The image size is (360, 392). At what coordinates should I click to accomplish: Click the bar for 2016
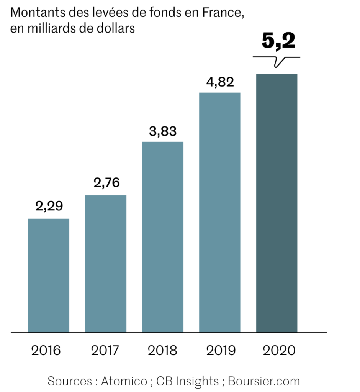click(x=49, y=275)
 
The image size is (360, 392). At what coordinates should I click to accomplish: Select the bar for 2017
click(x=106, y=263)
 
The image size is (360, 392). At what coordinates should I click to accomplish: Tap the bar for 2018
click(x=163, y=236)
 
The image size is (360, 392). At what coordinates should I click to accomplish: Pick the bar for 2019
click(x=219, y=212)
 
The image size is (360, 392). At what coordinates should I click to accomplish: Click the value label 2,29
click(x=49, y=206)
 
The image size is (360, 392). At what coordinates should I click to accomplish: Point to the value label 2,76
click(x=106, y=182)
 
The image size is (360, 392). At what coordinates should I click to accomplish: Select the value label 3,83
click(x=163, y=131)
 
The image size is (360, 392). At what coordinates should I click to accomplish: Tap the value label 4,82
click(x=220, y=82)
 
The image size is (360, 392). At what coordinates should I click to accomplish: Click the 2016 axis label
click(x=46, y=350)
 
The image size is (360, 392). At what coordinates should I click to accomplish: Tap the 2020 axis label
click(x=278, y=350)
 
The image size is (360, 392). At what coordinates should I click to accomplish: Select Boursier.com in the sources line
click(x=264, y=381)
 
